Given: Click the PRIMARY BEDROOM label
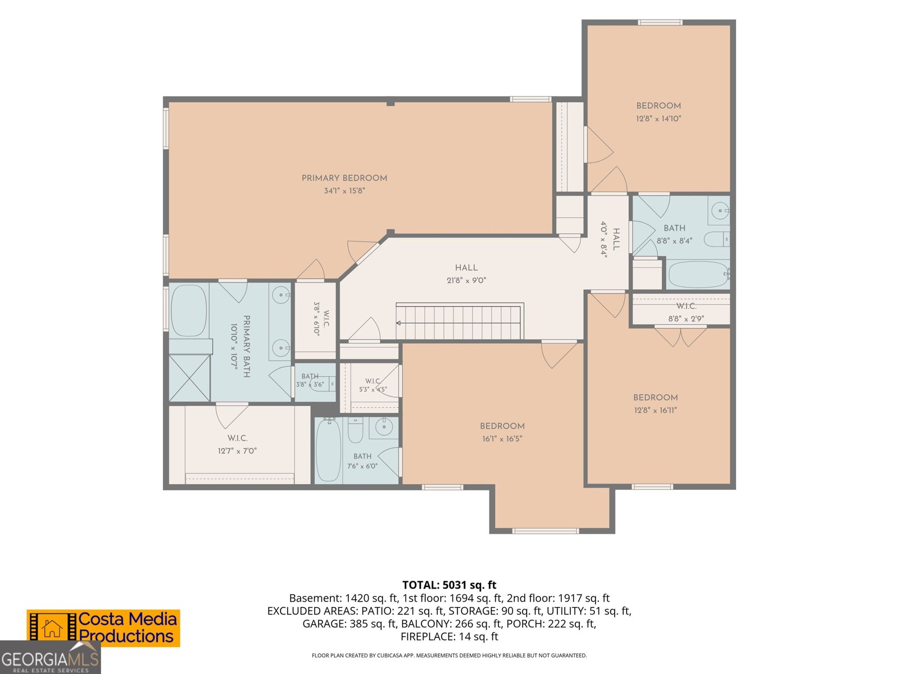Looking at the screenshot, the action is (344, 178).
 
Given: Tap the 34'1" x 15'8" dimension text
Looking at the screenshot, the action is (344, 191).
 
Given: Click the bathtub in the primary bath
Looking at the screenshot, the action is (189, 310).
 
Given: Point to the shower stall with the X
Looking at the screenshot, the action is (189, 378).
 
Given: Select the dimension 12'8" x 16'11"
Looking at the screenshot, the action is (655, 410).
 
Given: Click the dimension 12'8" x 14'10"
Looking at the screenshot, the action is (658, 119).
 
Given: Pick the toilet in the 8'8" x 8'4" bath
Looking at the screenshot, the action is (717, 239).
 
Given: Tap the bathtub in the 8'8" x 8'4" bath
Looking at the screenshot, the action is (699, 274).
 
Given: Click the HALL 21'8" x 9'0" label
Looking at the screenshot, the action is (466, 274).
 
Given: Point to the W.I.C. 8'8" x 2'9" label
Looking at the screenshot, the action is (686, 312).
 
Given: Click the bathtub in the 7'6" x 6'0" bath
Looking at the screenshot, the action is (329, 450).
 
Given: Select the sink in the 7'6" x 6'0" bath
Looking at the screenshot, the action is (384, 427).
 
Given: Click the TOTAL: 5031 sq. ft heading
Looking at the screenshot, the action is (449, 585).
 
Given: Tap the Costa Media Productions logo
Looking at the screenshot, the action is (103, 628).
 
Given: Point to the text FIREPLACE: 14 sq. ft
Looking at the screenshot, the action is (449, 637).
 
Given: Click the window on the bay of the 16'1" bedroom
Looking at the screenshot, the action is (546, 531).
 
